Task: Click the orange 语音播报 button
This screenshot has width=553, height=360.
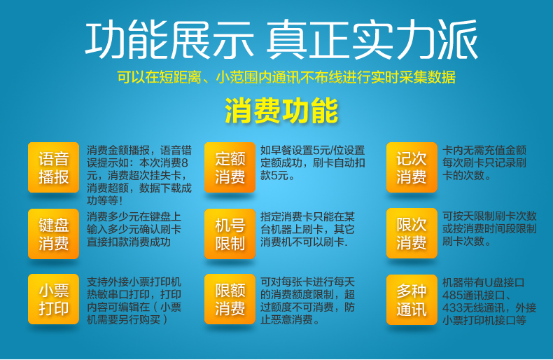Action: (54, 167)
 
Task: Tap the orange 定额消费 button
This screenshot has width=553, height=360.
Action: (230, 167)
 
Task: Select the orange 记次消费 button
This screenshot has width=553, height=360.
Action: (412, 167)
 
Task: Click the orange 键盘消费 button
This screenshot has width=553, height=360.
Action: (54, 234)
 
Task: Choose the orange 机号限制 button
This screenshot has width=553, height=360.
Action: (230, 234)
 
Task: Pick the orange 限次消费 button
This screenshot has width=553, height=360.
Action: (412, 233)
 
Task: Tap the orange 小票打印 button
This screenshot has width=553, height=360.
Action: (54, 299)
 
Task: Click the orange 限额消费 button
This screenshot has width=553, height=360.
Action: (230, 299)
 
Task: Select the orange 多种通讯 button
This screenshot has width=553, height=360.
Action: (412, 300)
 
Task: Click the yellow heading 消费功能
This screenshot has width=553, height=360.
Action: (281, 111)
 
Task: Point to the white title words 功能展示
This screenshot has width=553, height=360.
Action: (169, 39)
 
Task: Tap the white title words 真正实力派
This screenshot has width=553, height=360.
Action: (372, 39)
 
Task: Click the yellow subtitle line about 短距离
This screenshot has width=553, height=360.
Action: (286, 77)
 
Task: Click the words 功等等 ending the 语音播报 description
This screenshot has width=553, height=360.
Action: (103, 201)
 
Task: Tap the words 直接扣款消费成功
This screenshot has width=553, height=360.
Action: (129, 242)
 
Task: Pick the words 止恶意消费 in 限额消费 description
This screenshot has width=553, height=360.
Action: (287, 320)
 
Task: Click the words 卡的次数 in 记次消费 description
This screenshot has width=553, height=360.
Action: (463, 175)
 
